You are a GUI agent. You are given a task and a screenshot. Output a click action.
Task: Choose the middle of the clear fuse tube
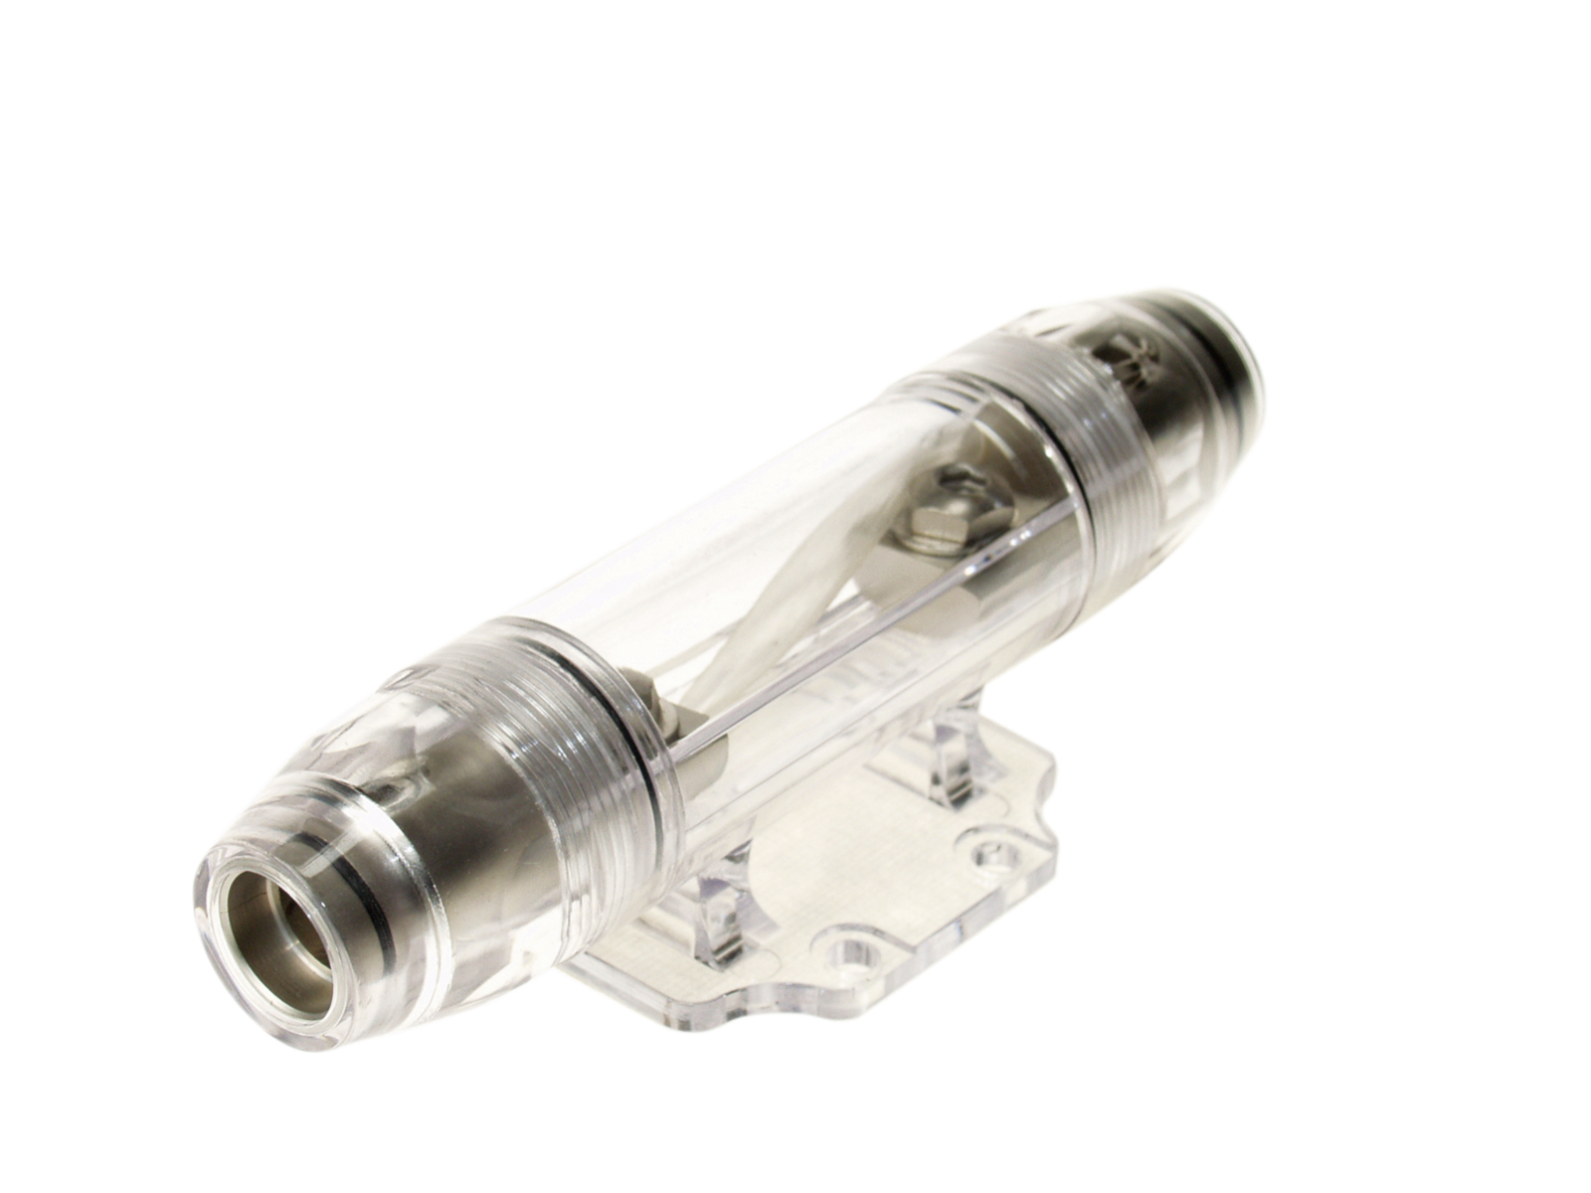coord(795,557)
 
